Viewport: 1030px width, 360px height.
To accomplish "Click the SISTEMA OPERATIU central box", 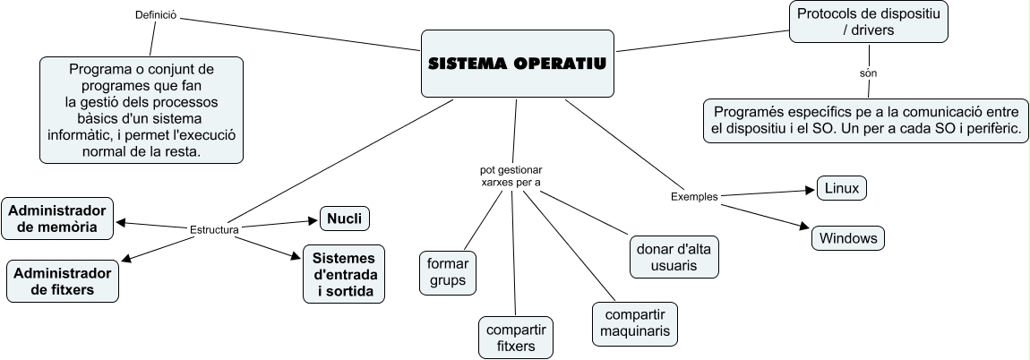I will (517, 64).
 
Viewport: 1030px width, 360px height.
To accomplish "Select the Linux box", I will (842, 188).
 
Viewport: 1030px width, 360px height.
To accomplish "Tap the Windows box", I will (848, 239).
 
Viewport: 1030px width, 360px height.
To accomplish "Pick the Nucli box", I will (345, 218).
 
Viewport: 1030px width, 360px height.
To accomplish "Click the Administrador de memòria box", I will (60, 219).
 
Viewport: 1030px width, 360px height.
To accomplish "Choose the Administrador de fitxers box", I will (62, 280).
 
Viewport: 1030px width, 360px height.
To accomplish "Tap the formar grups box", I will (448, 273).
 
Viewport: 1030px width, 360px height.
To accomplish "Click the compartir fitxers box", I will (515, 338).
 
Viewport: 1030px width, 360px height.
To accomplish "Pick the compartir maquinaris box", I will (634, 324).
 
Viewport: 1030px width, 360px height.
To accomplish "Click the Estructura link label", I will (214, 229).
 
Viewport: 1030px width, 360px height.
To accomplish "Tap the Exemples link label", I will (694, 196).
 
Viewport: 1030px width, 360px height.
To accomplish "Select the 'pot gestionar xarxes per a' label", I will (511, 175).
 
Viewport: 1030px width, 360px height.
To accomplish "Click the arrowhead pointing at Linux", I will (810, 190).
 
